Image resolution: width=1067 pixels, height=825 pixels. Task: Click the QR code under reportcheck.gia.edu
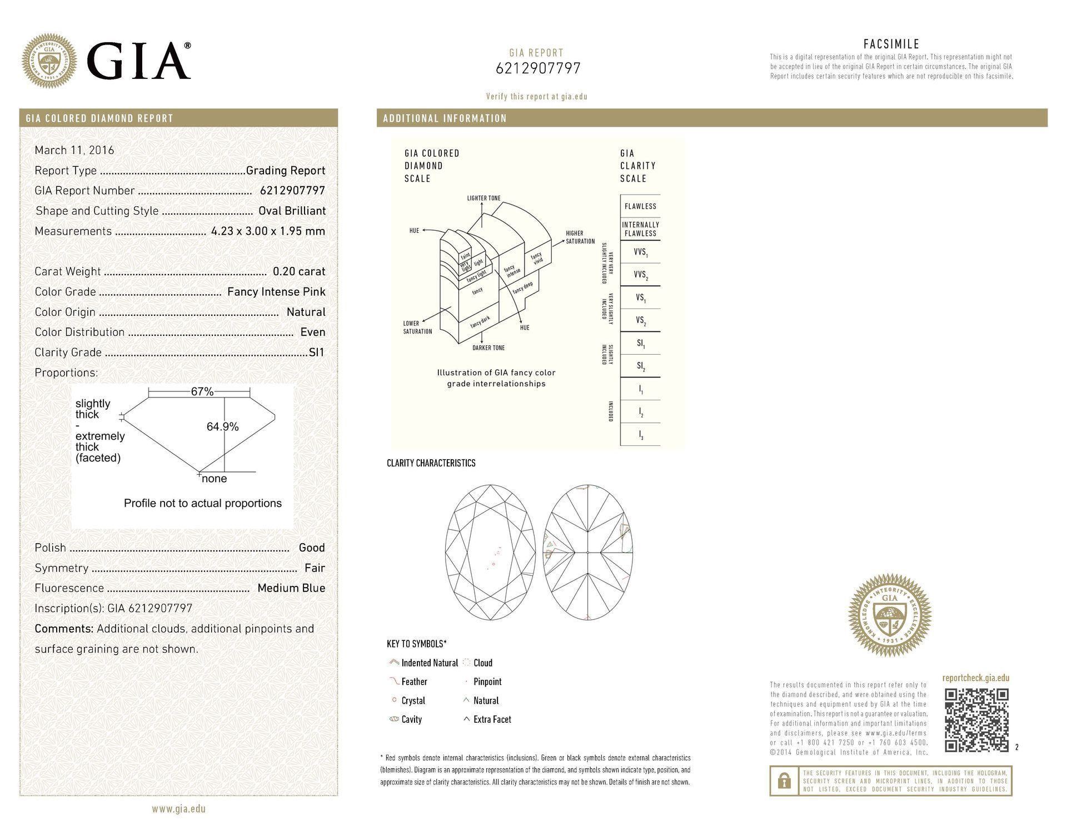click(976, 720)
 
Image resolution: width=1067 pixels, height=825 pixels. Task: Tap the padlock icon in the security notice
click(784, 781)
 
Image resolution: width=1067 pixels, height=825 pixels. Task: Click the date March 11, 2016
click(74, 150)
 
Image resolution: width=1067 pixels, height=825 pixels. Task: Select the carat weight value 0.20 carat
click(298, 271)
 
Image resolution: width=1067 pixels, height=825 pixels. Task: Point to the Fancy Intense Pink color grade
click(276, 292)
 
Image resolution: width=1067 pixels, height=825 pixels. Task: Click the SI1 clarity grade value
click(316, 352)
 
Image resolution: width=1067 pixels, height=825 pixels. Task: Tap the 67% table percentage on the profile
click(202, 391)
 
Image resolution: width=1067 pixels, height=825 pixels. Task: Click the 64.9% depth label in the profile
click(222, 426)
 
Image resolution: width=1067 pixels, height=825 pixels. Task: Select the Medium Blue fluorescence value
click(291, 588)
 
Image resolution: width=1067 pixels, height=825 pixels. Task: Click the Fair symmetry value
click(315, 568)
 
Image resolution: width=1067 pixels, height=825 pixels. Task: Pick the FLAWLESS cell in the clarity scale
click(640, 206)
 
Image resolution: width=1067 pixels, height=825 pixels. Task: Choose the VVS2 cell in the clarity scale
click(640, 275)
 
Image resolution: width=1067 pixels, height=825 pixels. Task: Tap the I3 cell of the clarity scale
click(640, 435)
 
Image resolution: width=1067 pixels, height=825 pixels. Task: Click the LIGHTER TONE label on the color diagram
click(483, 198)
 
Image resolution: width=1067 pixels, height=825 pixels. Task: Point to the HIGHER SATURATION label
click(580, 237)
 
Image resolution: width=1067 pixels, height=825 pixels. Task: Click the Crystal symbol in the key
click(394, 700)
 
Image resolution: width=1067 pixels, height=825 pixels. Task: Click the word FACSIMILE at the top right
click(891, 44)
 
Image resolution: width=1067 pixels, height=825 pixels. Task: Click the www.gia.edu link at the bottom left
click(178, 809)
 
